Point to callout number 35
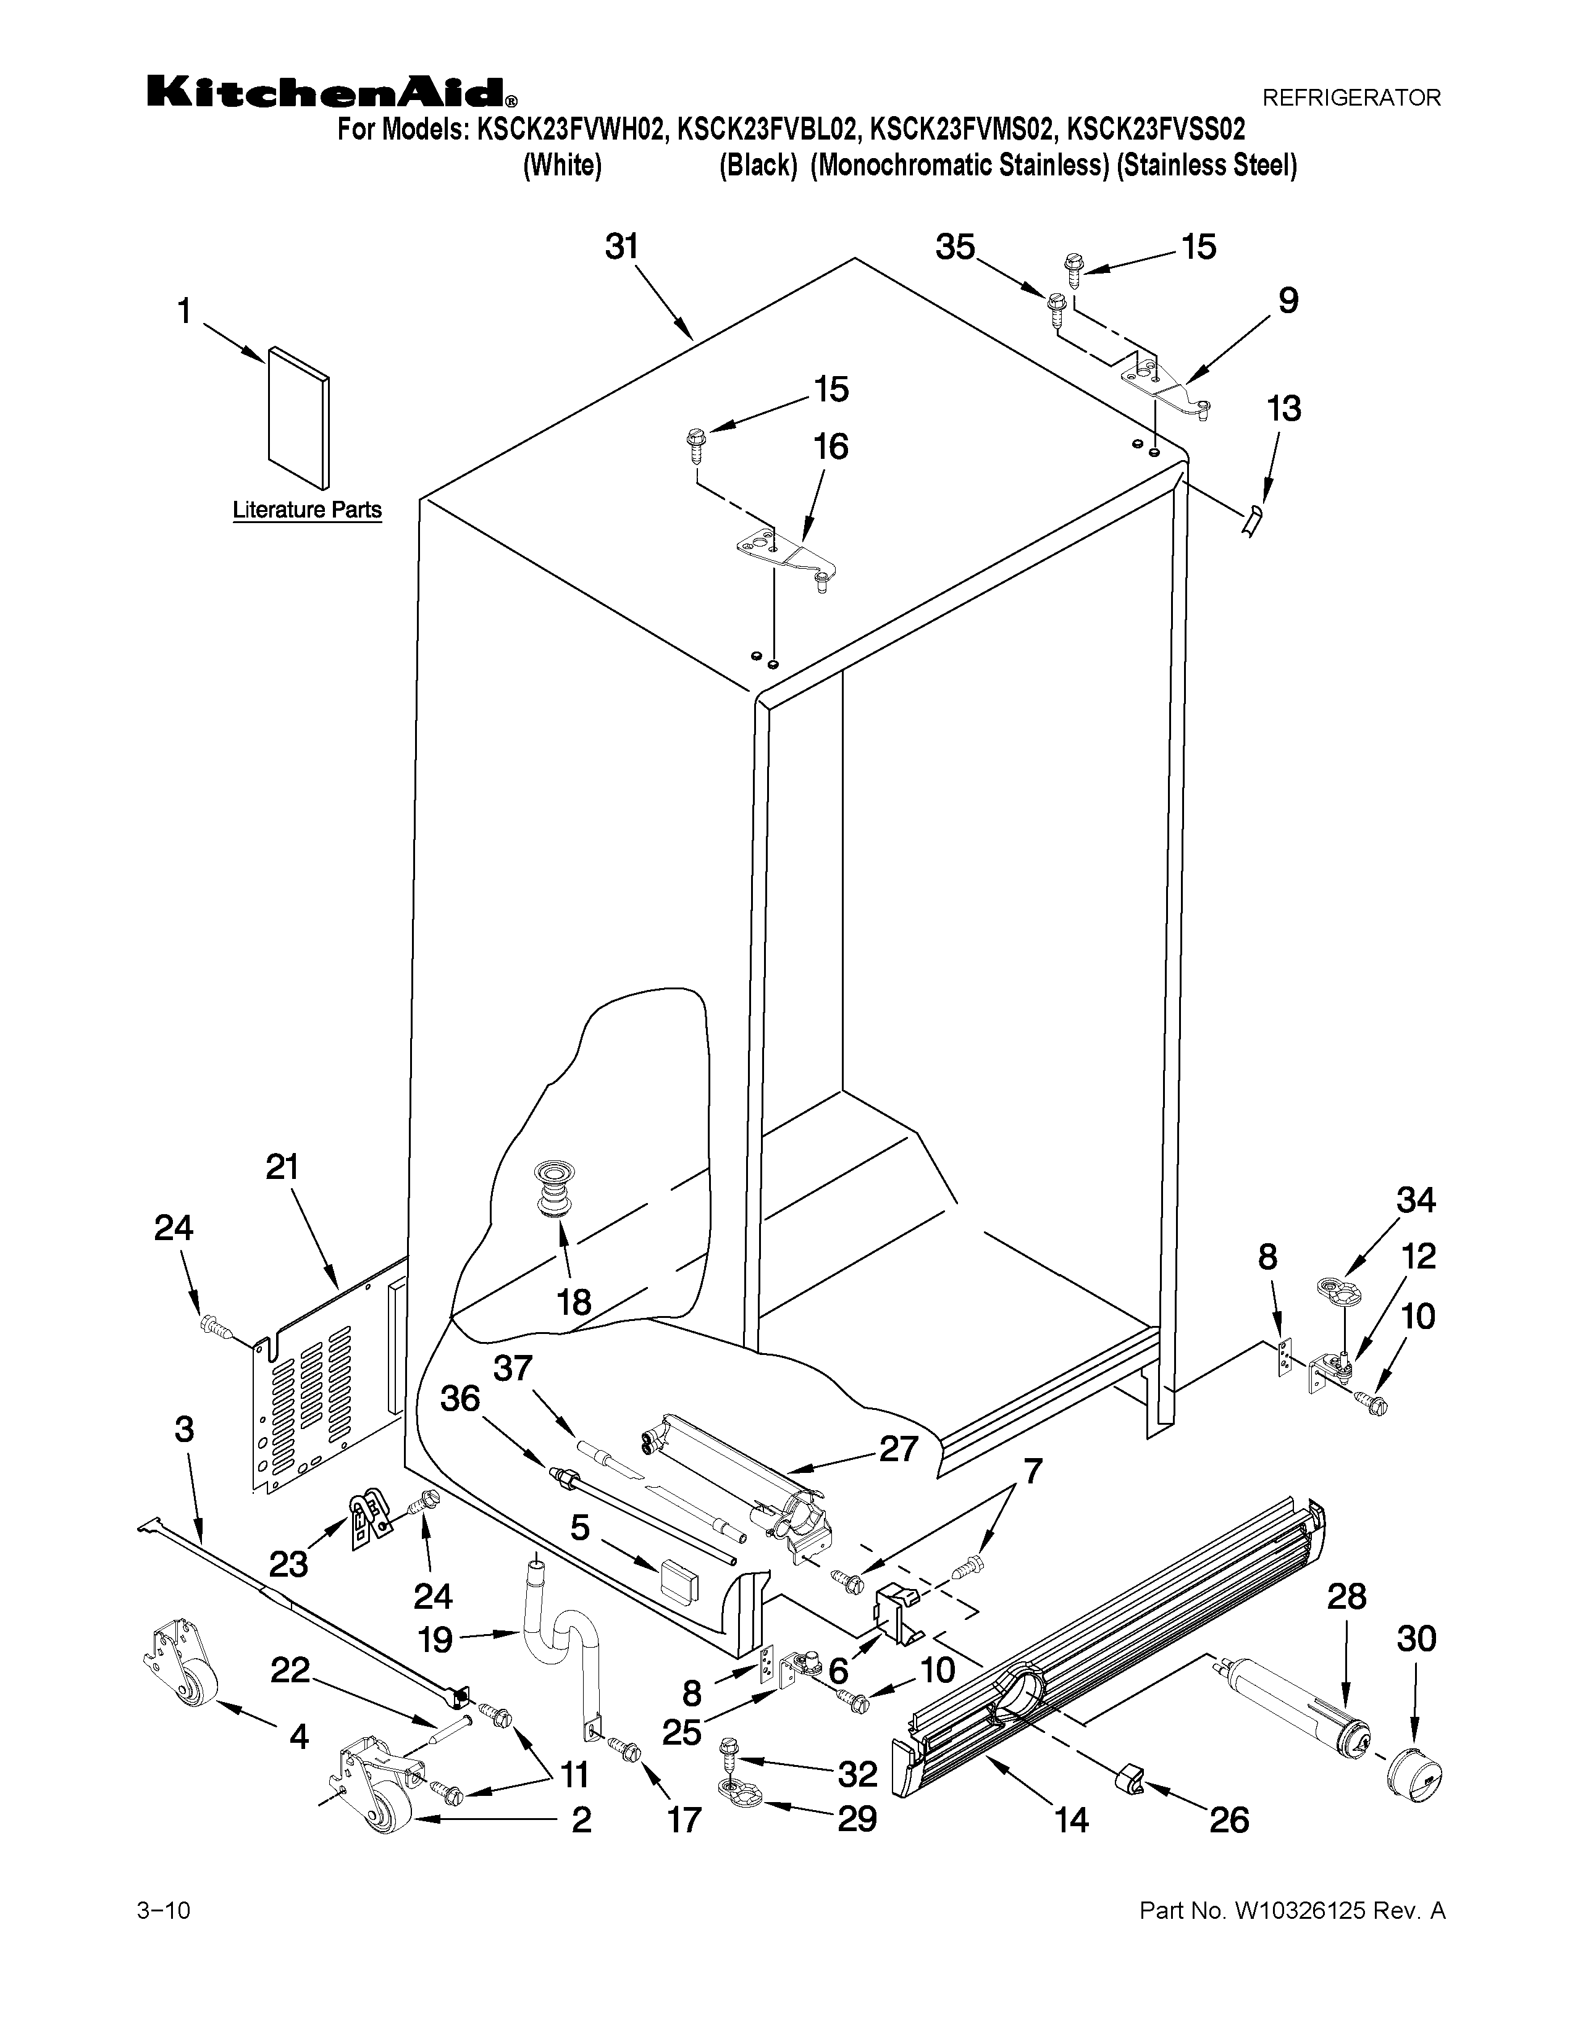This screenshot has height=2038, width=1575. [955, 248]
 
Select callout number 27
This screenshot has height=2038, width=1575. [897, 1449]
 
